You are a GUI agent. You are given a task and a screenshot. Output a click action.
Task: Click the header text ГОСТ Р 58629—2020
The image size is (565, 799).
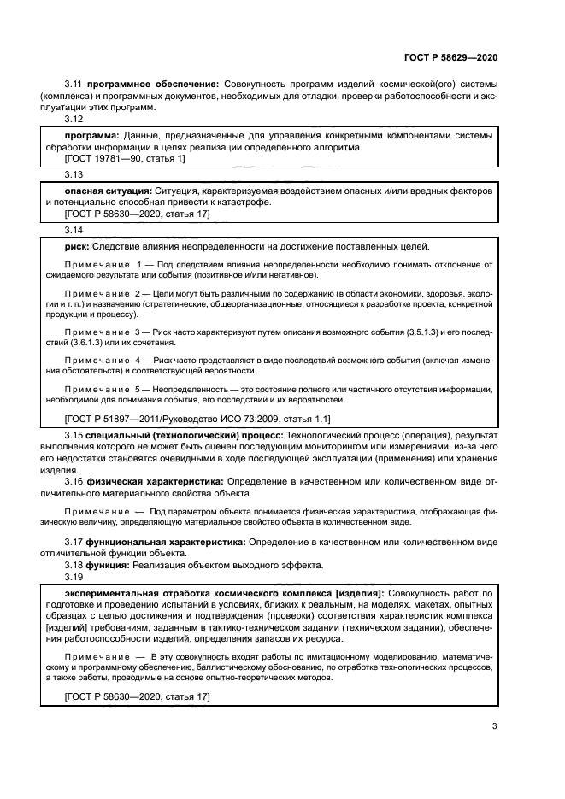point(450,57)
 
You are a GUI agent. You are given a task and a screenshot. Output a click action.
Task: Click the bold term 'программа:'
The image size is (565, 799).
point(92,135)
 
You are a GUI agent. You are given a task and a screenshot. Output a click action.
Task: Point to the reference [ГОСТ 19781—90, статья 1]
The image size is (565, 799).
point(124,159)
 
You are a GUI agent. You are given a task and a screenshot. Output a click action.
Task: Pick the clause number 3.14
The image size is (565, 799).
point(74,230)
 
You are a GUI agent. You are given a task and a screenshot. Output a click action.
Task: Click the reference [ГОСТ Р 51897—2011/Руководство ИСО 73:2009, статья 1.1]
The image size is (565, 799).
point(197,419)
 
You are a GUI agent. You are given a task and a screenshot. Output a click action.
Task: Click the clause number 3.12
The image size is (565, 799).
point(74,118)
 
